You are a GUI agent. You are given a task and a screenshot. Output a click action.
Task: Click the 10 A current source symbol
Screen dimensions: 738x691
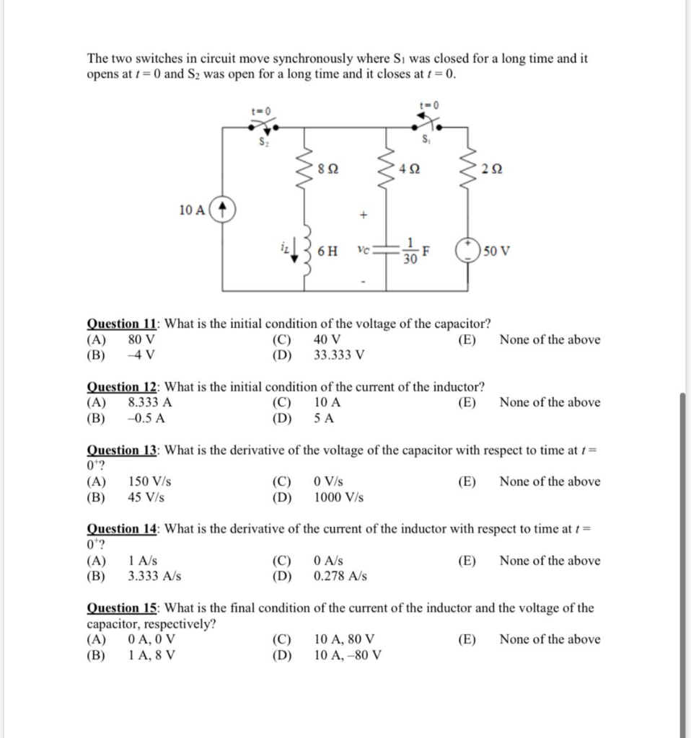click(x=224, y=210)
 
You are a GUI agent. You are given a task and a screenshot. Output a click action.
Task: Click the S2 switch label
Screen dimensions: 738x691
click(x=263, y=142)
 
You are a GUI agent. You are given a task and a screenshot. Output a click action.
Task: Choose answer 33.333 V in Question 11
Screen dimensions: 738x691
click(x=339, y=355)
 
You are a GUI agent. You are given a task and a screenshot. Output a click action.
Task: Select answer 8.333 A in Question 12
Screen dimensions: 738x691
click(x=150, y=402)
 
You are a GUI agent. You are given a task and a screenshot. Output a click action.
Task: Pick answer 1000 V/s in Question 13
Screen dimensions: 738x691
click(x=339, y=497)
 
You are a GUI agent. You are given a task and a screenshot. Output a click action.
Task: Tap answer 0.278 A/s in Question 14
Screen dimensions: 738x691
click(x=340, y=576)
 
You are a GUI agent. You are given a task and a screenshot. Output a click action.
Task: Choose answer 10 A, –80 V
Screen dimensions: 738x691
click(x=348, y=655)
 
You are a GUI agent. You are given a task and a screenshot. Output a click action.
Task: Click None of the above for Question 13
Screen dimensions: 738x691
click(x=549, y=481)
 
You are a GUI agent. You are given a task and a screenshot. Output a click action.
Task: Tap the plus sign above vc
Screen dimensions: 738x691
click(x=364, y=214)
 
